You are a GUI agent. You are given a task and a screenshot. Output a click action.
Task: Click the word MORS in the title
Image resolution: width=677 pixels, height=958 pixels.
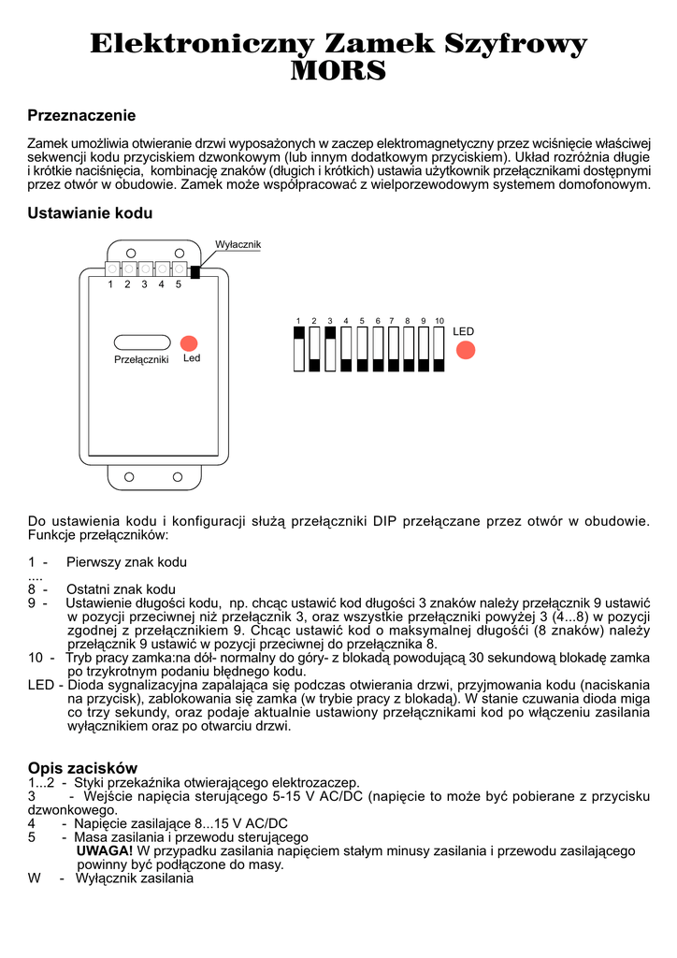(x=338, y=71)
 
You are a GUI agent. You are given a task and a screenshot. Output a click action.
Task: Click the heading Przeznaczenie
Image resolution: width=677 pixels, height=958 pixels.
(x=81, y=116)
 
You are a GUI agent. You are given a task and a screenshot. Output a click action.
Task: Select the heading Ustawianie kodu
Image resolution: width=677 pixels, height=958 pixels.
(x=90, y=213)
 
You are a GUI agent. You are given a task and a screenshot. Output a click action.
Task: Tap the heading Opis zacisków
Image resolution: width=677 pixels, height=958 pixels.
(x=82, y=768)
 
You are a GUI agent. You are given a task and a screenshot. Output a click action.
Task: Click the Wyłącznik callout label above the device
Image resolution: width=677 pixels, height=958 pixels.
(x=238, y=245)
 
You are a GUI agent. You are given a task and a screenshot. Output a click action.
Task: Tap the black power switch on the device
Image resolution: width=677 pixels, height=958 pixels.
(x=194, y=272)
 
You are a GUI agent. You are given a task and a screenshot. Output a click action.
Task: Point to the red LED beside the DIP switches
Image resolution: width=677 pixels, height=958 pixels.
(x=465, y=350)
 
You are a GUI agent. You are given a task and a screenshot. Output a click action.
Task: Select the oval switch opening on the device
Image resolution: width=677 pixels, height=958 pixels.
(x=141, y=342)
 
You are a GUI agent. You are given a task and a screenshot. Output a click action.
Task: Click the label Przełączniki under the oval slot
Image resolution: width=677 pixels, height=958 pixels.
(x=141, y=359)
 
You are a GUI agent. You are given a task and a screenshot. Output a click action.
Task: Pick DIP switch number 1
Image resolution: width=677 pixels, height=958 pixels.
(x=298, y=348)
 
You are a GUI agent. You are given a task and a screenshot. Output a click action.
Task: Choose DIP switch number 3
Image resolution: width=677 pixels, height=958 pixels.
(x=330, y=348)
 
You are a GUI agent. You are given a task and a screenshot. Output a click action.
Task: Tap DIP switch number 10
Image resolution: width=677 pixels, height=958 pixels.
(x=439, y=348)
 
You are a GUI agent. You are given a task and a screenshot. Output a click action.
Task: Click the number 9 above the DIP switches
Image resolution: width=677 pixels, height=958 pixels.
(x=423, y=321)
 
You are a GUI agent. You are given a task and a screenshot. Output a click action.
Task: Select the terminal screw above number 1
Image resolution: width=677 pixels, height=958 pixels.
(x=111, y=269)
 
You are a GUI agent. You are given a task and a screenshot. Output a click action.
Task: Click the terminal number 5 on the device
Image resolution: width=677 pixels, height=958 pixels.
(x=178, y=283)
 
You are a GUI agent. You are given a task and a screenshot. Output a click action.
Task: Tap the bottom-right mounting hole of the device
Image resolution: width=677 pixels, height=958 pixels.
(x=177, y=477)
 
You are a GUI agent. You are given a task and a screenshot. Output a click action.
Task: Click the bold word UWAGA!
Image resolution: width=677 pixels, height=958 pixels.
(x=104, y=851)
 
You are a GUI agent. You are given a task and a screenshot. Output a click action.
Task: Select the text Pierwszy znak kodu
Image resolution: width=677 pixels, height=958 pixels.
(x=126, y=562)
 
